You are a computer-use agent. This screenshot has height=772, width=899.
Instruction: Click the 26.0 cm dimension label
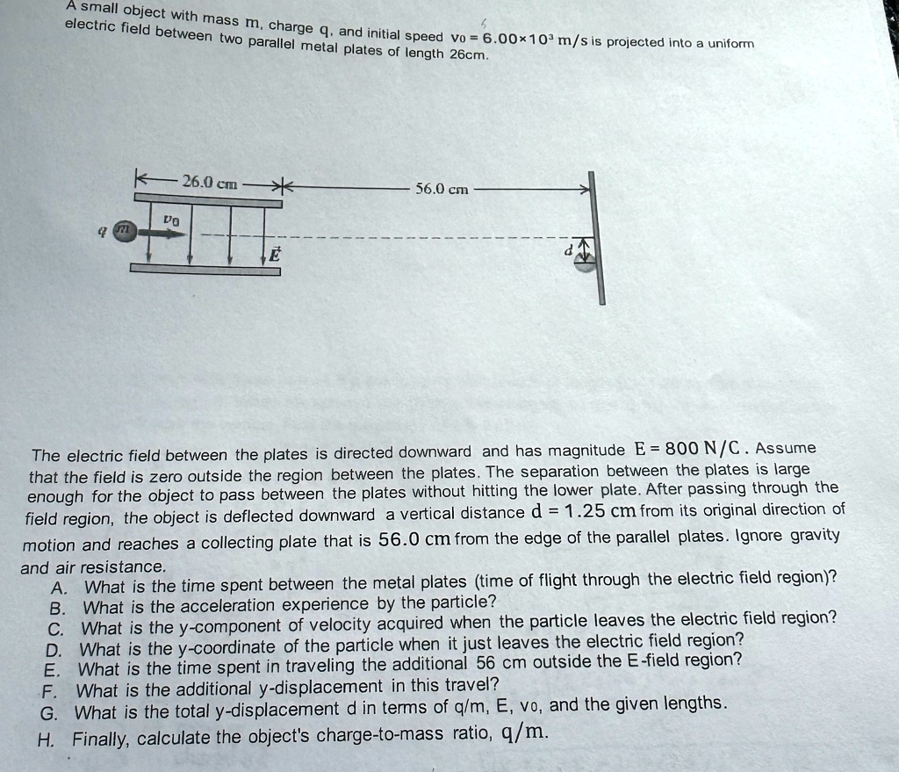(209, 183)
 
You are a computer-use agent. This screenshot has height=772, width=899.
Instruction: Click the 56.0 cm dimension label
(442, 188)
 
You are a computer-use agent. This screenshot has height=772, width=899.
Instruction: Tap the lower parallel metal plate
(206, 271)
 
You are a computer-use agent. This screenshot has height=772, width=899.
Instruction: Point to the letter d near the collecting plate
(568, 249)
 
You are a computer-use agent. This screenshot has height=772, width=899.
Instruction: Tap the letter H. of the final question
(45, 739)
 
